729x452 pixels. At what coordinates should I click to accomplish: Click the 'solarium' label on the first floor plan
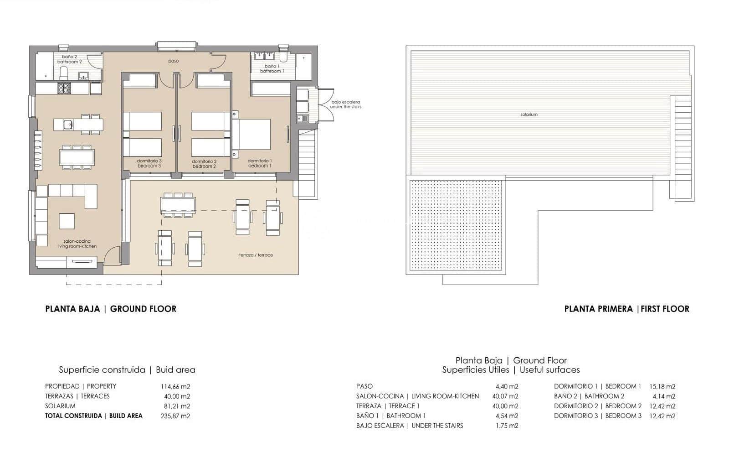529,114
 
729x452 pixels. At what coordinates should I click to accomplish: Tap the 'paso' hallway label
173,61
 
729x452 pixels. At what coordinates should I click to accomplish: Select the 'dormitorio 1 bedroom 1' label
260,163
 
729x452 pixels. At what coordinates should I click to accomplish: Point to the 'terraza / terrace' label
256,255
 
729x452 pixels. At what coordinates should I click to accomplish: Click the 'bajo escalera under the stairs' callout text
346,104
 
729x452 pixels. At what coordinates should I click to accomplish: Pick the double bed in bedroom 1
252,134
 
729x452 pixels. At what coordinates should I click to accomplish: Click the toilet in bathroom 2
64,73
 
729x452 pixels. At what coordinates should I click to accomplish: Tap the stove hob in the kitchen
64,88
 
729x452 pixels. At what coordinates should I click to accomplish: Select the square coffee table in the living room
67,221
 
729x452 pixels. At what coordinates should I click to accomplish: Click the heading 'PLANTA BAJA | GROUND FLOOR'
111,309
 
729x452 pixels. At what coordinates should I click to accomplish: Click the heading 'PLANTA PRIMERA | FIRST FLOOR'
626,309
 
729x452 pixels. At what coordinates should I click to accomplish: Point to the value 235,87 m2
175,416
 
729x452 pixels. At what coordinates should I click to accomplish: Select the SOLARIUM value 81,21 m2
175,406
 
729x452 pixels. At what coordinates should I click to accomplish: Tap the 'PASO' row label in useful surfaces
364,386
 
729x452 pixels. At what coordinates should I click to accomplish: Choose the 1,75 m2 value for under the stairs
507,426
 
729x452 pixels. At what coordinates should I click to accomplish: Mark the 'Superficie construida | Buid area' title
127,370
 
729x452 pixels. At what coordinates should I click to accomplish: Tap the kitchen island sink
67,124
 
